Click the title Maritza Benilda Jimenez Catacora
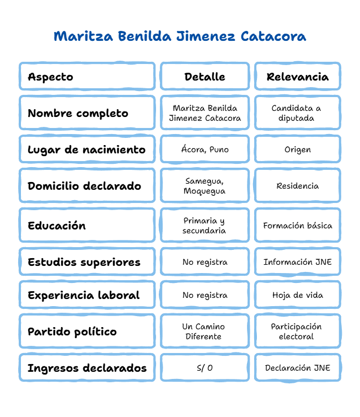point(180,36)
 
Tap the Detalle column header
point(205,77)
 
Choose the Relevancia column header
point(298,77)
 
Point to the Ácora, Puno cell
point(205,149)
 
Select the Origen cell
point(298,149)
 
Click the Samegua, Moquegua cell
point(205,186)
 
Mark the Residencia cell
point(298,186)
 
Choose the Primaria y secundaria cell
point(204,226)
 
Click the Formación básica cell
point(298,226)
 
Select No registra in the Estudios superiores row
point(205,262)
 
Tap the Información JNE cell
point(298,262)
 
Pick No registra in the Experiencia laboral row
point(205,295)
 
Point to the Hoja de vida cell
point(298,295)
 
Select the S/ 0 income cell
point(205,368)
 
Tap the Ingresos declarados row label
point(87,368)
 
